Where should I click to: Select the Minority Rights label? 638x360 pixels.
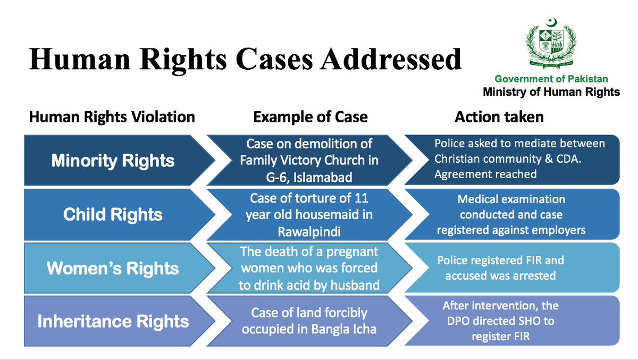(x=113, y=161)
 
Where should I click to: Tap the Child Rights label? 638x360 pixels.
(x=113, y=214)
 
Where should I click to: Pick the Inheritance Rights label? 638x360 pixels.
(x=113, y=321)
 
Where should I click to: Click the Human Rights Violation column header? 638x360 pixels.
(x=112, y=117)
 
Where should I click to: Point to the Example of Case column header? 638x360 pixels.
(x=310, y=117)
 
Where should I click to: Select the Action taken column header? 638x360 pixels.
(x=499, y=117)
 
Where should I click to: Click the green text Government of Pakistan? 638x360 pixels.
(x=551, y=79)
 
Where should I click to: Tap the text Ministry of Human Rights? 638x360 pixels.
(x=551, y=92)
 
